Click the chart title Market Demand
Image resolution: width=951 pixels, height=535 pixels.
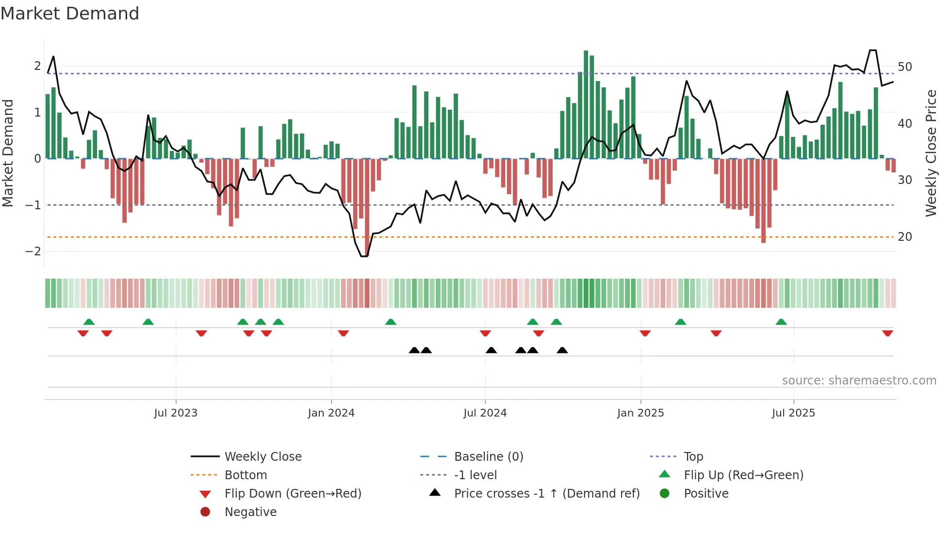(70, 13)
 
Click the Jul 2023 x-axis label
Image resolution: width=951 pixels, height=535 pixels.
(176, 413)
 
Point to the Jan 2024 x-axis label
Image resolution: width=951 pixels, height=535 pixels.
(331, 413)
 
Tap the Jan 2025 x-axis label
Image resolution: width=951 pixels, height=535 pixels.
(640, 413)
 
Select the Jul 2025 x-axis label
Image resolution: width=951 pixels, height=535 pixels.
(793, 413)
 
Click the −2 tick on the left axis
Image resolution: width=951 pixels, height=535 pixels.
(33, 251)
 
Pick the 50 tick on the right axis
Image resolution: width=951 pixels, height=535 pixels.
(905, 67)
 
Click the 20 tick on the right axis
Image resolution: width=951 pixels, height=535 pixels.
(905, 237)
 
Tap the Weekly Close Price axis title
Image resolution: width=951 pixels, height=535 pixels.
(931, 153)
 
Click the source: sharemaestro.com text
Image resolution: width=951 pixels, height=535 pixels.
(859, 381)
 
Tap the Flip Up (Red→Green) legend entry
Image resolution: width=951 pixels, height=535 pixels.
(743, 475)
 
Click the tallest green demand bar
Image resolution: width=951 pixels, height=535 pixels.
(586, 104)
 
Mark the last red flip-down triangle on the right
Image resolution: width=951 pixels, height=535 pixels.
(887, 333)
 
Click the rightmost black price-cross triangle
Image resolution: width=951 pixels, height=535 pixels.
(562, 350)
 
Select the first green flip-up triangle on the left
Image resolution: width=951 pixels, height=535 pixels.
(89, 322)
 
